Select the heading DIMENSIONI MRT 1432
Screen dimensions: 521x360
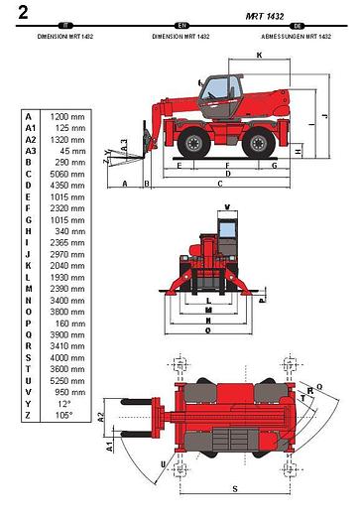pyautogui.click(x=66, y=36)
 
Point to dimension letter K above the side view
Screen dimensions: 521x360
pyautogui.click(x=259, y=57)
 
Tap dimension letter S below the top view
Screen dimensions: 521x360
pyautogui.click(x=234, y=488)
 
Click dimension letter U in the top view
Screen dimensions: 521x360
pyautogui.click(x=163, y=463)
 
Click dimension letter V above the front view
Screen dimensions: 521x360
pyautogui.click(x=227, y=207)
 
